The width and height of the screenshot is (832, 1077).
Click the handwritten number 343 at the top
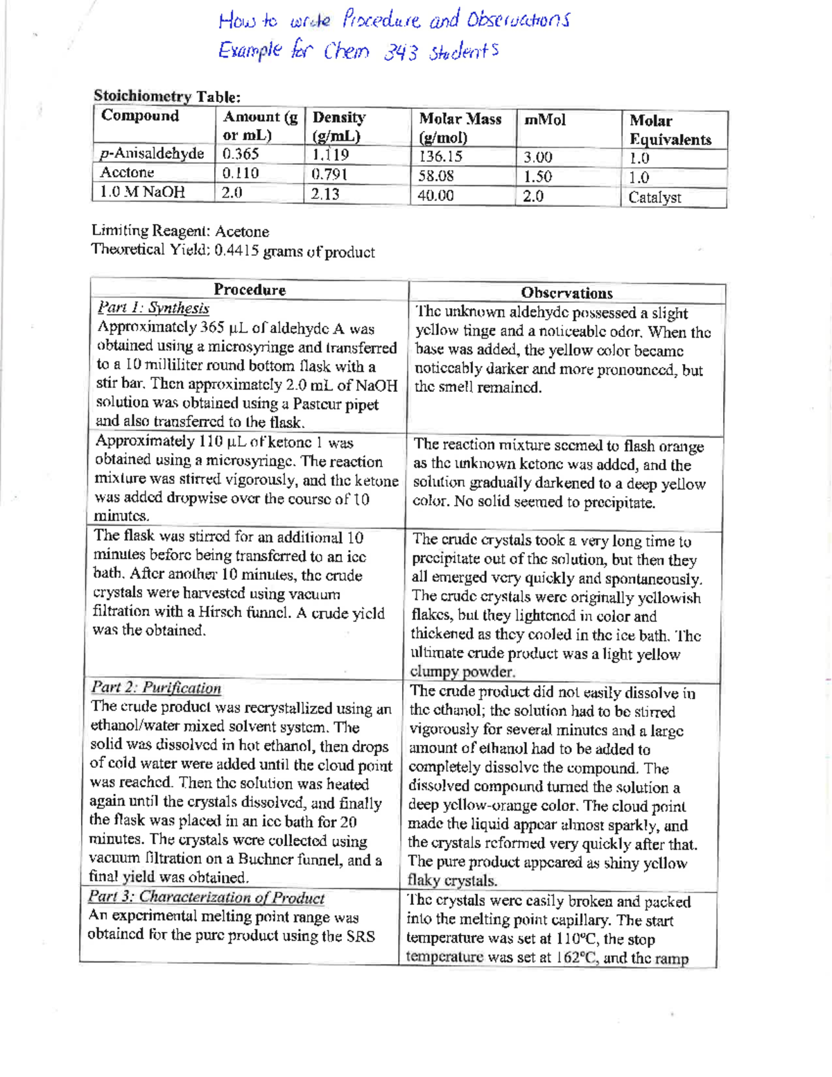[400, 53]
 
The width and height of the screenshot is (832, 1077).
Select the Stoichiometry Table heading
[167, 96]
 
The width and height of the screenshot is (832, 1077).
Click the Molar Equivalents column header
[670, 130]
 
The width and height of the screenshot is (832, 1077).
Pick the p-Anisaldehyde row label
[152, 153]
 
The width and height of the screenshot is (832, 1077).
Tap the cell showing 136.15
[440, 157]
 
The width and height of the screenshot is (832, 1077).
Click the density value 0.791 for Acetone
[329, 174]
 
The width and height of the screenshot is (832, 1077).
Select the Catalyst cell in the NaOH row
[655, 198]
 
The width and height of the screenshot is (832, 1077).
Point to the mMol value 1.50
[538, 177]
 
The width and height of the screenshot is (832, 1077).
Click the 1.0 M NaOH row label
[142, 192]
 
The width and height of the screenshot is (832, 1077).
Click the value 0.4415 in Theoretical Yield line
[237, 250]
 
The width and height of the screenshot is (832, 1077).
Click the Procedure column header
[250, 290]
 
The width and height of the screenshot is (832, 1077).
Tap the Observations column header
[566, 293]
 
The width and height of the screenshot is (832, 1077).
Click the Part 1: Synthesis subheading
[153, 308]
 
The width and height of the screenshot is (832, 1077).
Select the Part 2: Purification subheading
[156, 688]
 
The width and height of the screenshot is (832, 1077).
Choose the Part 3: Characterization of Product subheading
[206, 897]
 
